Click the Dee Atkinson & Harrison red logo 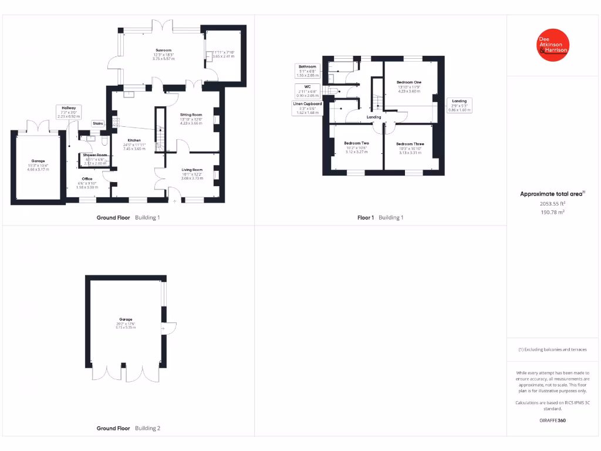pos(553,45)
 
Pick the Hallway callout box pos(69,112)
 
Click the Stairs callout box pos(97,123)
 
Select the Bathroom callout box pos(308,71)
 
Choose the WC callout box pos(308,91)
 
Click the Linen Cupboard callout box pos(308,108)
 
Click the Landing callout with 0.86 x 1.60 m pos(460,105)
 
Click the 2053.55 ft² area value pos(552,204)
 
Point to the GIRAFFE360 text pos(552,420)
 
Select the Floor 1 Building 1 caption pos(380,217)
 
